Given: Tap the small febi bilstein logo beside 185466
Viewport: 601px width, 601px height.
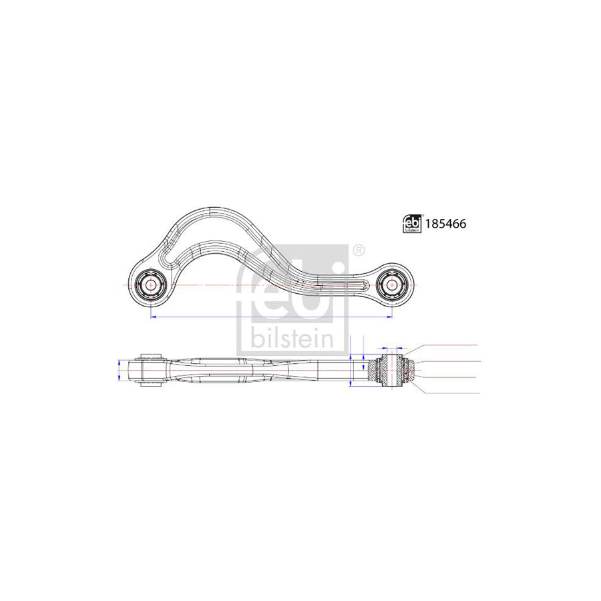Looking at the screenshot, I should click(411, 224).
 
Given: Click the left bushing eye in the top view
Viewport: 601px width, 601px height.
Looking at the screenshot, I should click(151, 284).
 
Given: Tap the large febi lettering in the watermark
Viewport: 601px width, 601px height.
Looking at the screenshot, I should click(292, 287).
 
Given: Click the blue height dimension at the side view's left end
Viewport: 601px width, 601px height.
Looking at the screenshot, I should click(120, 369).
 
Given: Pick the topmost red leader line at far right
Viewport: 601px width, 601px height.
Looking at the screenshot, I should click(454, 345).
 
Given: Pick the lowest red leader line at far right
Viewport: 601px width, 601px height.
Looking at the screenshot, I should click(454, 394).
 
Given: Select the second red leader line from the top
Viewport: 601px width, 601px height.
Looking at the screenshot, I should click(454, 361).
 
